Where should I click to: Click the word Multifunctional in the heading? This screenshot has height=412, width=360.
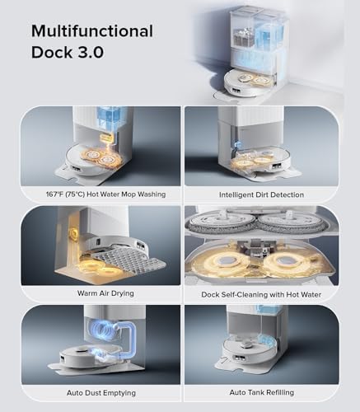[92, 31]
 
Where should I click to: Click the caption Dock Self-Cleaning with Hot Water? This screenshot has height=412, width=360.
[261, 293]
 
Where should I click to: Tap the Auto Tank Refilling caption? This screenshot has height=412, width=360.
[261, 391]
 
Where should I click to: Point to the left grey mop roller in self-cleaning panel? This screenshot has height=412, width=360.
[222, 222]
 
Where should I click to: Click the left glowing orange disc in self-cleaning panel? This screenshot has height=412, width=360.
[222, 264]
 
